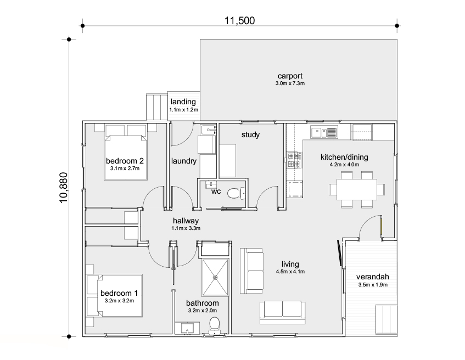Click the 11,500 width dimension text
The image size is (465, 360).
(x=239, y=20)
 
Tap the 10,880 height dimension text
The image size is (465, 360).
(x=64, y=188)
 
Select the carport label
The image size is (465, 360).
(x=290, y=76)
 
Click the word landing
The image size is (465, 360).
(x=183, y=102)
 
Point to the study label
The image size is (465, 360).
(x=250, y=134)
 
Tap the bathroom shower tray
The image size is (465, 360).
(x=216, y=277)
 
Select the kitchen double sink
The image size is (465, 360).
(x=324, y=132)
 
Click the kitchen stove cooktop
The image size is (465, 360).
(x=294, y=160)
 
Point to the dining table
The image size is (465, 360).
(x=356, y=189)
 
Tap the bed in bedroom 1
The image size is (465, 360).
(x=115, y=296)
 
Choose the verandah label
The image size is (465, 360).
(x=372, y=277)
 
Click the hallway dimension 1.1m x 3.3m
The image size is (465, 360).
(x=186, y=228)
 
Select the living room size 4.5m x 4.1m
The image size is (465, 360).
(x=290, y=272)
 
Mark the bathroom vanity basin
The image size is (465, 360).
(x=187, y=329)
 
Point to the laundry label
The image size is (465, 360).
(x=184, y=161)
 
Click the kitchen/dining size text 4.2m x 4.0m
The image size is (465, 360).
(x=344, y=165)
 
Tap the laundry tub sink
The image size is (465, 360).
(x=209, y=130)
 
